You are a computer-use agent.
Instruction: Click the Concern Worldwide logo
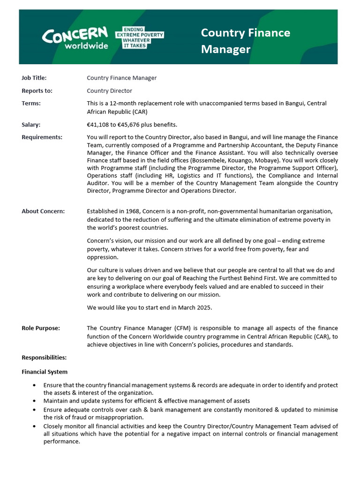pyautogui.click(x=75, y=38)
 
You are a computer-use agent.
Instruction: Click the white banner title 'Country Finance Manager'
pyautogui.click(x=245, y=41)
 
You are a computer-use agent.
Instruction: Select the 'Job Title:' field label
pyautogui.click(x=34, y=78)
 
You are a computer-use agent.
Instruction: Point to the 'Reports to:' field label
pyautogui.click(x=37, y=90)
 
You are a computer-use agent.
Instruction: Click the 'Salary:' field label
pyautogui.click(x=31, y=124)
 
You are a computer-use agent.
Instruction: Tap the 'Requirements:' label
pyautogui.click(x=42, y=137)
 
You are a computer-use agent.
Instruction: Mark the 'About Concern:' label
pyautogui.click(x=43, y=211)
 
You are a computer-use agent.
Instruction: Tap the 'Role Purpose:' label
pyautogui.click(x=41, y=328)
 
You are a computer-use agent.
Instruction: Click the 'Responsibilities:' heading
pyautogui.click(x=44, y=357)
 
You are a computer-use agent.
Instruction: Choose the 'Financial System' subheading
pyautogui.click(x=45, y=372)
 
